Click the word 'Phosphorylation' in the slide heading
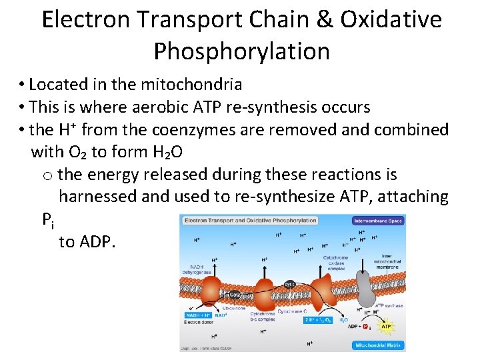[x=241, y=51]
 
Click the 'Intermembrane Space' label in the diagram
[x=378, y=220]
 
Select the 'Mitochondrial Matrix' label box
[x=377, y=345]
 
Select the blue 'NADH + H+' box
[x=198, y=314]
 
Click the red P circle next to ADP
[x=365, y=327]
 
